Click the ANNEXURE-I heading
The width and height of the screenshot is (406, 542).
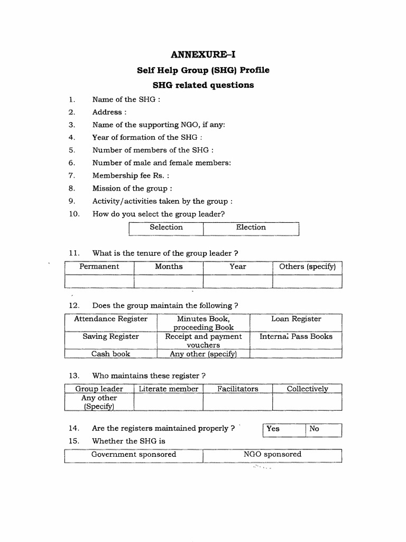coord(203,55)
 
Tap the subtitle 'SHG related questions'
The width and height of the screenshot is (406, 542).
coord(203,85)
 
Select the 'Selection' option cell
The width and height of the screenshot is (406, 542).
coord(166,228)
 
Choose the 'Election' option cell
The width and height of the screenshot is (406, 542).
coord(251,228)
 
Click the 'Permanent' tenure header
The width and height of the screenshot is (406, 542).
coord(99,267)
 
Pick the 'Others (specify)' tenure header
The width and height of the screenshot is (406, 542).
coord(307,267)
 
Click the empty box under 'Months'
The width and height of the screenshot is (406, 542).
coord(169,281)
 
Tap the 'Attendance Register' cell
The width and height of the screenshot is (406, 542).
coord(111,319)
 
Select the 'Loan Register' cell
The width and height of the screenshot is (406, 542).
coord(296,319)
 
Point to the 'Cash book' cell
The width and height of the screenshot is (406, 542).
coord(111,354)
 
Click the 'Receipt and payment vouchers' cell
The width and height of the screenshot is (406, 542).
coord(204,340)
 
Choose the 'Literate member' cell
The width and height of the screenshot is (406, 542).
coord(169,389)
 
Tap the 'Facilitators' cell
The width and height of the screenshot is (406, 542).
coord(238,389)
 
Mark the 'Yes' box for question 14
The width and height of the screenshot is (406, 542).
coord(284,429)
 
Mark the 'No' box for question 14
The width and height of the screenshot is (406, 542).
coord(324,429)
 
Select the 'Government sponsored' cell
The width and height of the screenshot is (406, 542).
coord(134,455)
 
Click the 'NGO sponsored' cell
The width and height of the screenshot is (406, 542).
coord(272,455)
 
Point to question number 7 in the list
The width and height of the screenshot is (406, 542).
coord(72,176)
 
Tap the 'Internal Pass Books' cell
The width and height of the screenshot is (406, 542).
coord(296,337)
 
